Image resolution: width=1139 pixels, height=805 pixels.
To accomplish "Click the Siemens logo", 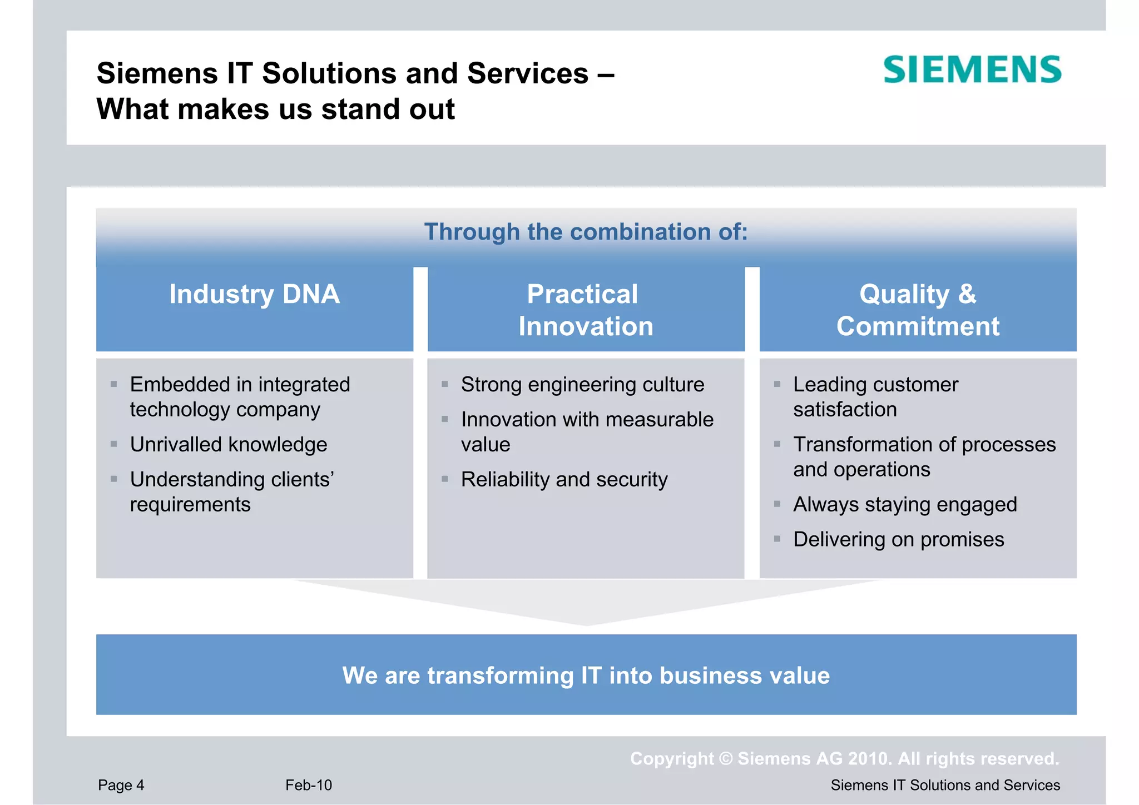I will point(972,69).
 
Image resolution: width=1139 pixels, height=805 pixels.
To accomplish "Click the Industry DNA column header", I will point(254,294).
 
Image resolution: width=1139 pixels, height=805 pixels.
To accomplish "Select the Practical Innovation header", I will point(585,310).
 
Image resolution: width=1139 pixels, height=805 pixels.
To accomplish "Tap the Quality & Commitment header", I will point(918,310).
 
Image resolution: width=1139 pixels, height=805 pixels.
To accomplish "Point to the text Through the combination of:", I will point(586,232).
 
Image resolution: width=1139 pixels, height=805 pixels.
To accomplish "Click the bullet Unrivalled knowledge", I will point(228,444).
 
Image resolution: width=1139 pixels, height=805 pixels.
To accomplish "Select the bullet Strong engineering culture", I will point(582,384).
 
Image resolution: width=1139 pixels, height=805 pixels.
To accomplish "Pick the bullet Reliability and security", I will point(564,479).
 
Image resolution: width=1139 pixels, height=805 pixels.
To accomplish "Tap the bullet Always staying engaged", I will point(905,504).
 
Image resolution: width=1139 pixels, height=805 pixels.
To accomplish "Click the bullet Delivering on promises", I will point(898,539).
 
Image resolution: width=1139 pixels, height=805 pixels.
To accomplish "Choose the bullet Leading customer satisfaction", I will point(875,396).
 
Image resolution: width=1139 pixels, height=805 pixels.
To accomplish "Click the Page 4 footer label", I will point(121,785).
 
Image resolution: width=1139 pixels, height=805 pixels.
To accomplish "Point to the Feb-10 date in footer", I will point(309,785).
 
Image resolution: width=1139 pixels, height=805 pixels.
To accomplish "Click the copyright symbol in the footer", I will point(726,759).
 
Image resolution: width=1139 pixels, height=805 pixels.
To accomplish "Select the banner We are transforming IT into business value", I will point(586,675).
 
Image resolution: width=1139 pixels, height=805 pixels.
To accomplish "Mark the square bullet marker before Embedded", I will point(113,384).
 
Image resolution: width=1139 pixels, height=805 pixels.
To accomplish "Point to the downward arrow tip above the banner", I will point(586,624).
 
